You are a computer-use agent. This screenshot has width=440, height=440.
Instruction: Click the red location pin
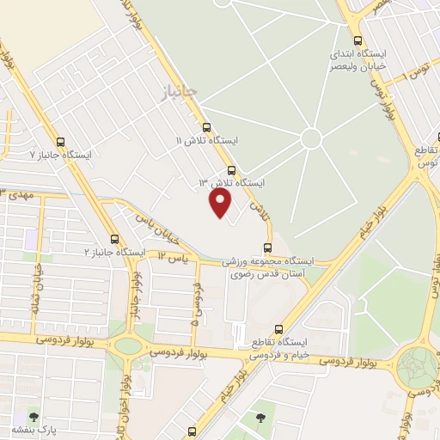pyautogui.click(x=221, y=203)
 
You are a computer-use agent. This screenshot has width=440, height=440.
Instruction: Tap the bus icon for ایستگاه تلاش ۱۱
pyautogui.click(x=207, y=127)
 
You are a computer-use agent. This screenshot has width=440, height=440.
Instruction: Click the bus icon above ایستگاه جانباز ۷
pyautogui.click(x=60, y=143)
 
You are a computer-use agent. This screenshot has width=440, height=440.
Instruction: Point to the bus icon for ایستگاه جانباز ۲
pyautogui.click(x=114, y=240)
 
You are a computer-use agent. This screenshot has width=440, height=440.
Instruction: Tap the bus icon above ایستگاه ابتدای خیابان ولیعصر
pyautogui.click(x=357, y=40)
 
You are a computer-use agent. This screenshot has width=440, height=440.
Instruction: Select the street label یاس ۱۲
pyautogui.click(x=172, y=256)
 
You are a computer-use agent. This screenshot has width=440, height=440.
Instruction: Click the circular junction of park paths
pyautogui.click(x=311, y=138)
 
